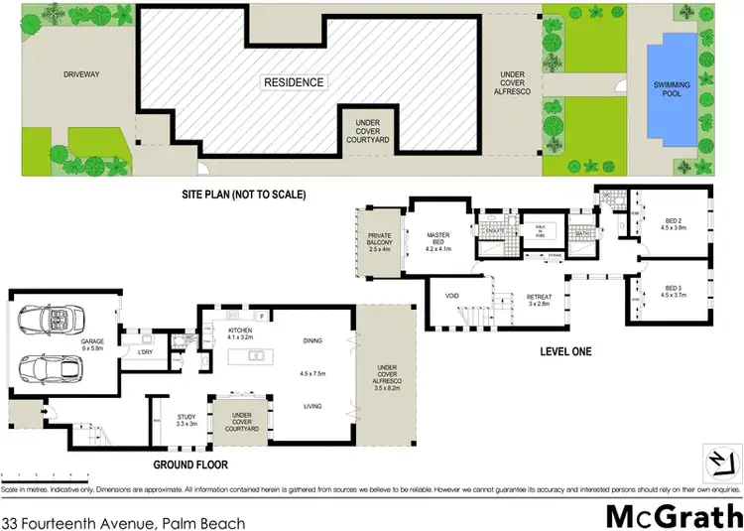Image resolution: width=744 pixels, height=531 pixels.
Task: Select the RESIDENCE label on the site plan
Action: tap(294, 82)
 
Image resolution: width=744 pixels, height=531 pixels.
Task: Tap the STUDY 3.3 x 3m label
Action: tap(187, 420)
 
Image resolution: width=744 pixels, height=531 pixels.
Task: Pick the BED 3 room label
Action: tap(674, 289)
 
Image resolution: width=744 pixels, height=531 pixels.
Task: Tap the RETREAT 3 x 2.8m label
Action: tap(539, 300)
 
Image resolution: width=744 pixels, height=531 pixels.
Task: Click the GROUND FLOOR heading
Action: tap(191, 465)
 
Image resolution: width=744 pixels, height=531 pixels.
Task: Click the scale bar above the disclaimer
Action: tap(45, 476)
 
